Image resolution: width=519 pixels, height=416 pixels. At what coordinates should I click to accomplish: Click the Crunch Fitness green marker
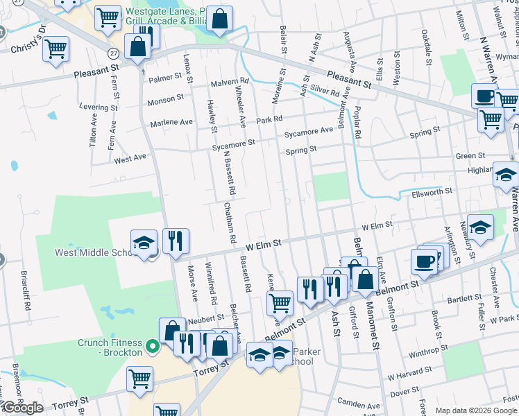point(153,345)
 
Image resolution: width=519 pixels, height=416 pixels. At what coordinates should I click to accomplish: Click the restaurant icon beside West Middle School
point(176,241)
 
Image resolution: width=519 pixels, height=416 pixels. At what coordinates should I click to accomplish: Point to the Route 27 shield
point(112,53)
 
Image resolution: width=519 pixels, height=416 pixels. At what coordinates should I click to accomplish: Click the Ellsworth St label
point(433,191)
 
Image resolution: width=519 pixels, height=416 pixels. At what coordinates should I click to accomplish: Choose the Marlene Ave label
point(171,123)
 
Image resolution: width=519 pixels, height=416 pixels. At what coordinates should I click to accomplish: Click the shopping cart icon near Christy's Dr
point(56,48)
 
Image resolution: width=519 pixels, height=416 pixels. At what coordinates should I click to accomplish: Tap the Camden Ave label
point(359,404)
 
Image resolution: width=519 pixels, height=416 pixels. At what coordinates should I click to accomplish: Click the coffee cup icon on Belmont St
point(425,261)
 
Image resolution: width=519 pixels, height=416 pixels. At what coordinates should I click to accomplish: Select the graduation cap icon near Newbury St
point(480,226)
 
